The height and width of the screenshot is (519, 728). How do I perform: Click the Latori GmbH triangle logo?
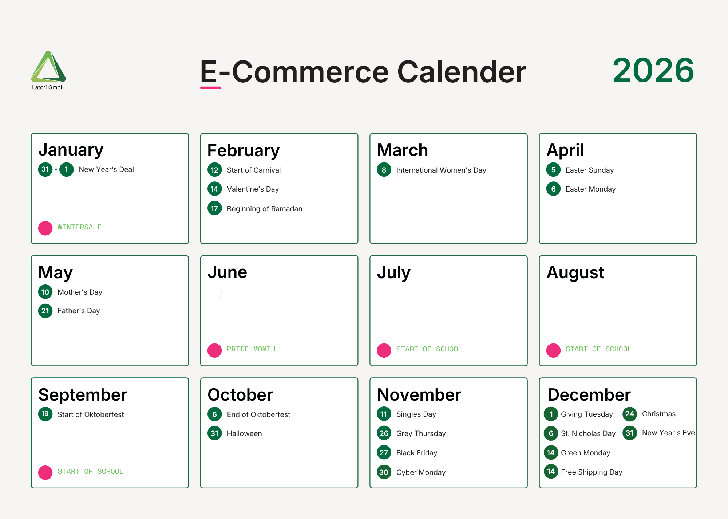point(48,67)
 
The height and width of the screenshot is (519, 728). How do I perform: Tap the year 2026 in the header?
point(653,70)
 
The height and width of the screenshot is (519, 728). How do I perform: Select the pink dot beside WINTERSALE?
point(45,228)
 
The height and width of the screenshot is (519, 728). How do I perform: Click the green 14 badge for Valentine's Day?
point(214,189)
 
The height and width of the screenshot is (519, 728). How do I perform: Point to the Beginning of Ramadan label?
point(264,209)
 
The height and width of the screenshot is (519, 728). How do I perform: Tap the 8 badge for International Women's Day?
point(384,170)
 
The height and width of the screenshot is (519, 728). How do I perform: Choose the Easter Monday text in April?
point(590,189)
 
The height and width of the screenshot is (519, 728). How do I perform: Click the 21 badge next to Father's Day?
point(45,311)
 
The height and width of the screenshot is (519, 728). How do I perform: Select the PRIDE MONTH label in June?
point(251,349)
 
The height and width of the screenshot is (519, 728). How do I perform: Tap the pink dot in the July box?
point(384,350)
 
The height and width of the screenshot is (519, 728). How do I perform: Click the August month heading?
point(575,272)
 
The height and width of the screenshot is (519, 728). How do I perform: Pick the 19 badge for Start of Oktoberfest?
point(45,414)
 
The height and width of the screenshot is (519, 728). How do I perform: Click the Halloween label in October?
point(244,433)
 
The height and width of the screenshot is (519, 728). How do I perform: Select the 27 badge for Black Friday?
point(384,453)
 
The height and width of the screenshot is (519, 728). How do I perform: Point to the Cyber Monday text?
point(421,472)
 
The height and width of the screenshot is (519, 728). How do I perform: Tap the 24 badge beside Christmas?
point(629,414)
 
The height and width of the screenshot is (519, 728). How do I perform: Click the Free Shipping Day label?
point(591,472)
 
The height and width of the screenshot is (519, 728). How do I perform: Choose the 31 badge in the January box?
point(45,169)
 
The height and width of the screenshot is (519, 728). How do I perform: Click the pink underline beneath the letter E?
point(210,88)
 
